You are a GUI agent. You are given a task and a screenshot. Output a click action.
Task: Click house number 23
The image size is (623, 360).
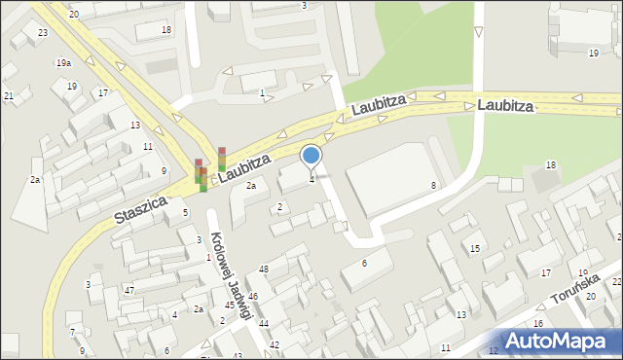coord(42,33)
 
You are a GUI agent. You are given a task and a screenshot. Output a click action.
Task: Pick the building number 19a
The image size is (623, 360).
coord(63,62)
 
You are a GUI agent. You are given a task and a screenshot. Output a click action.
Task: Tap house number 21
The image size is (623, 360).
coord(9,95)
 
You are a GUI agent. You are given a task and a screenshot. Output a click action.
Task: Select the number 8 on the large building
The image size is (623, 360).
coord(433,185)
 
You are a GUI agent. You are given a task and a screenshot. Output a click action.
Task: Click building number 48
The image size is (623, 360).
coord(264,269)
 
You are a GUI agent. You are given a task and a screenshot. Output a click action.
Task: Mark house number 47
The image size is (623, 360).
coord(129,291)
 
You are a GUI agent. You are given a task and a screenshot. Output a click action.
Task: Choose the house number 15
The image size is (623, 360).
coord(475,249)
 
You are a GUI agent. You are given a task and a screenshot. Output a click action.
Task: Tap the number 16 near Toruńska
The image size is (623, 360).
coord(537,323)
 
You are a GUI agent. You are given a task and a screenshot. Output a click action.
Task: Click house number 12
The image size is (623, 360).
coord(494,350)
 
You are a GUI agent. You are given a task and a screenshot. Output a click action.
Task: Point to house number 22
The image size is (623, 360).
coord(616,282)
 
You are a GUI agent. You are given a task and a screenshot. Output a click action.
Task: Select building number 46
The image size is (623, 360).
coord(252,296)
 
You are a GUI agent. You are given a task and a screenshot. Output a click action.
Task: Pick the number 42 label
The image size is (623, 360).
coord(275,345)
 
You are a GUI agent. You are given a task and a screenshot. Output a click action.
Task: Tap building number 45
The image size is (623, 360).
coord(230,306)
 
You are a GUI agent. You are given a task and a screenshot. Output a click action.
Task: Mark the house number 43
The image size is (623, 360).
coord(237,356)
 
